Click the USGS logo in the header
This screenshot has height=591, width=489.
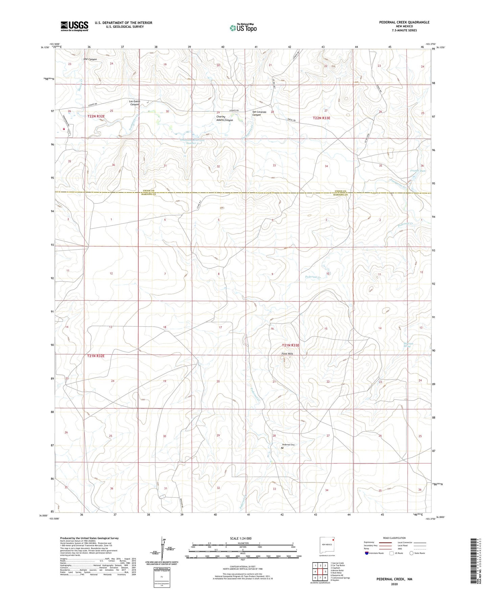[74, 26]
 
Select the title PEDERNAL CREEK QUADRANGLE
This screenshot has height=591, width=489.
[404, 22]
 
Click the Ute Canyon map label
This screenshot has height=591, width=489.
[90, 59]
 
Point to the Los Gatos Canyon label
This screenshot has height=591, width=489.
[134, 103]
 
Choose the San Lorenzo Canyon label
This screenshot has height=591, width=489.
[259, 113]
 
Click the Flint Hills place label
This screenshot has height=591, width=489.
[287, 354]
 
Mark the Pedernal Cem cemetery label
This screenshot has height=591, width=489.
[289, 444]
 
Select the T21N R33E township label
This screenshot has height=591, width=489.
[291, 345]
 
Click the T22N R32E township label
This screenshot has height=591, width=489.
[96, 116]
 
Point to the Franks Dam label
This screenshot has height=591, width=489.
[418, 171]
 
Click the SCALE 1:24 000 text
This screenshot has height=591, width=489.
[241, 539]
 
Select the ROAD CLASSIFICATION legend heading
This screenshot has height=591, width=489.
[394, 538]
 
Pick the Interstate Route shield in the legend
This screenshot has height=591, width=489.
[367, 553]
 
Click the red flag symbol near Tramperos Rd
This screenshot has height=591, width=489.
[64, 129]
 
